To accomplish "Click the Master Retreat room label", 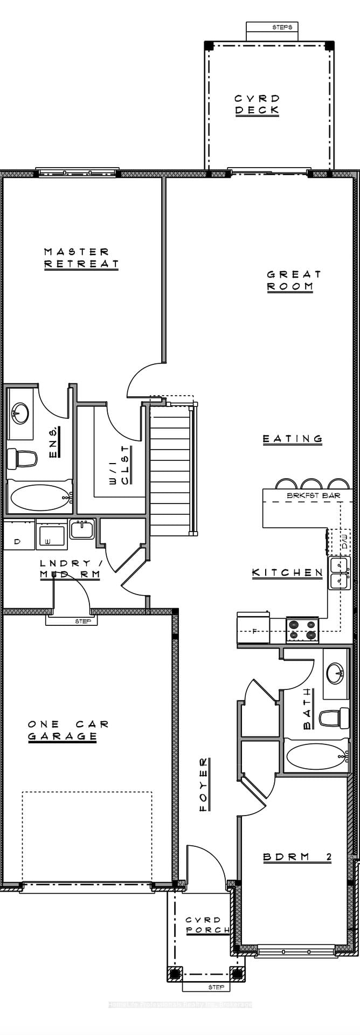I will tap(81, 258).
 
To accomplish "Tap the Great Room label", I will tap(294, 280).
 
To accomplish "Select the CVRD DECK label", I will tap(257, 104).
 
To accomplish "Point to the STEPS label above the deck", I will tap(282, 26).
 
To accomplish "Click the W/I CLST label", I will tap(120, 465).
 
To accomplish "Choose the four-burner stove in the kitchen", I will tap(302, 630).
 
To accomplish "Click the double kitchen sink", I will tap(338, 573).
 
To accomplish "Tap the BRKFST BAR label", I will tap(313, 495).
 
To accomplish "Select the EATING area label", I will tap(292, 439).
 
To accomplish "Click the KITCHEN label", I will tap(287, 572).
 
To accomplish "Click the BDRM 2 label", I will tap(297, 857).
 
